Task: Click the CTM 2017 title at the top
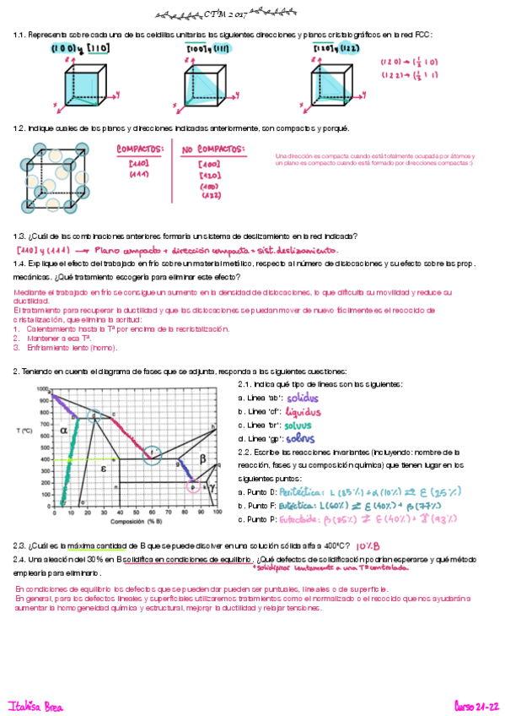[x=222, y=14]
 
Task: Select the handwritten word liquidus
[x=304, y=411]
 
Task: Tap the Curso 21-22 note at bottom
[x=477, y=705]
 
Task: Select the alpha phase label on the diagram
[x=63, y=429]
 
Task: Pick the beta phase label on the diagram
[x=201, y=458]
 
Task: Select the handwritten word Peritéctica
[x=302, y=490]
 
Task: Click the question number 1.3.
[x=19, y=236]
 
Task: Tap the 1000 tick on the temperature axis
[x=44, y=388]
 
